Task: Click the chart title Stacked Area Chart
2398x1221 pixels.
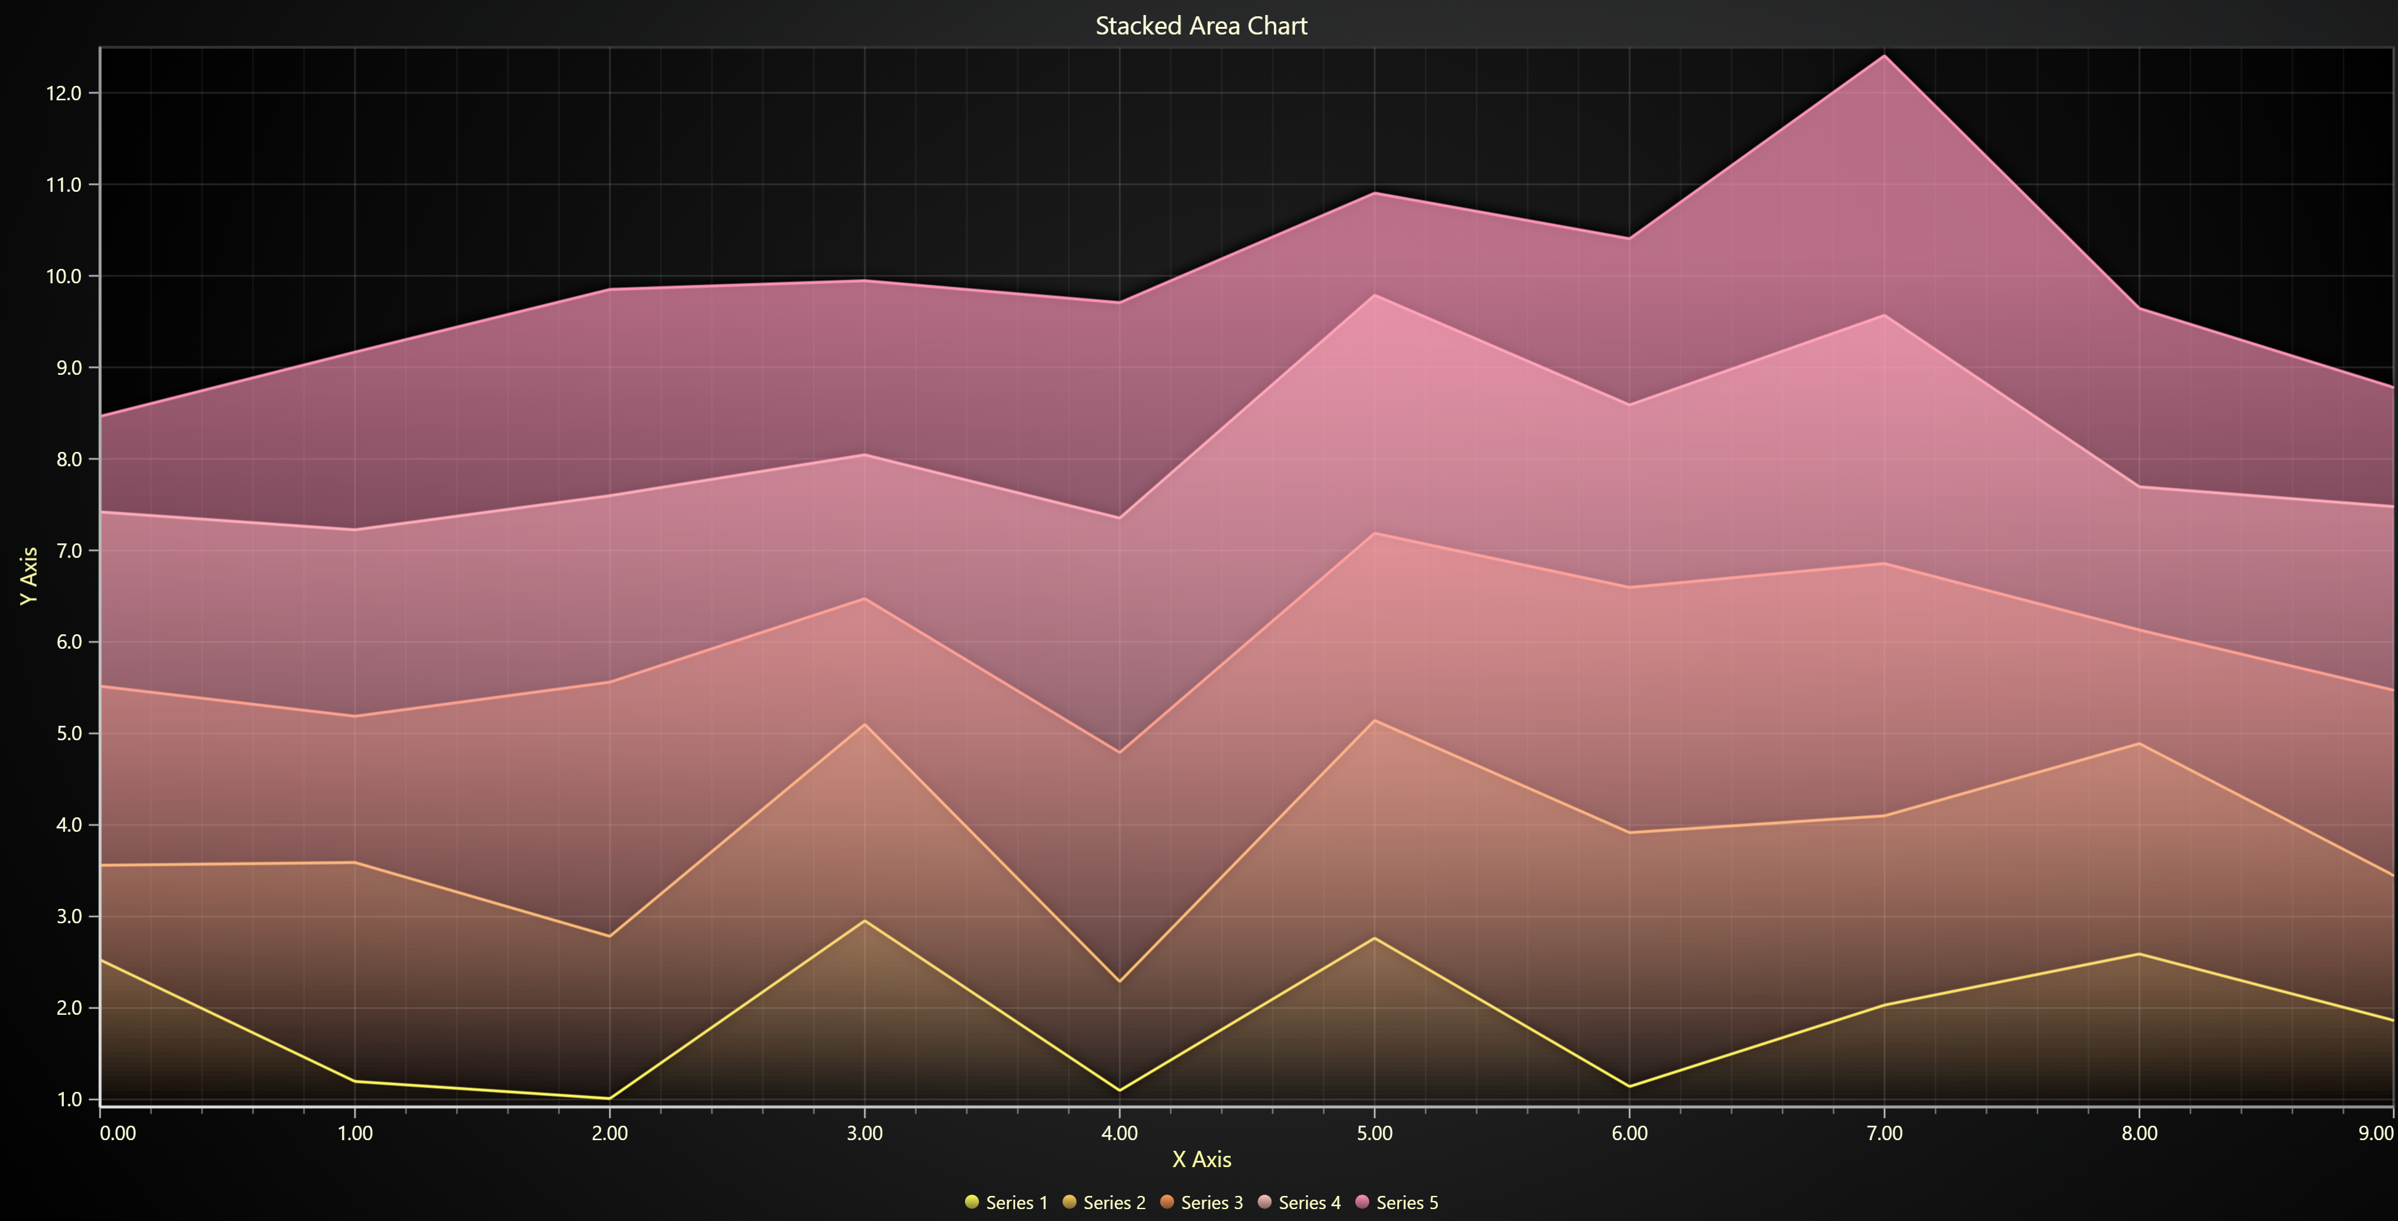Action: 1201,26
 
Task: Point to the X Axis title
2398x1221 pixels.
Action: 1201,1160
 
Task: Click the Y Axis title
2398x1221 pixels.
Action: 29,575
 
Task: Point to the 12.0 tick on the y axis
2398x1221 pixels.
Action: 63,93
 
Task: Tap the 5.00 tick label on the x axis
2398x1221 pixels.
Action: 1374,1133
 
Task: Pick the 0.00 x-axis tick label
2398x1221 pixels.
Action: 118,1133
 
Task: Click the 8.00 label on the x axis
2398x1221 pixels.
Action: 2139,1133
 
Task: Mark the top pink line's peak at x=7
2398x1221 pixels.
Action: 1884,56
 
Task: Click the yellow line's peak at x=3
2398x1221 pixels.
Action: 865,921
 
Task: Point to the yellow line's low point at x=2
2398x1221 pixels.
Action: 610,1098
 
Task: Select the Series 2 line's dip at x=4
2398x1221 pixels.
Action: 1119,982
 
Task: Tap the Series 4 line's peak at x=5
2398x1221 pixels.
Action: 1374,295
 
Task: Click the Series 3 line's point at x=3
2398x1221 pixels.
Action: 865,598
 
